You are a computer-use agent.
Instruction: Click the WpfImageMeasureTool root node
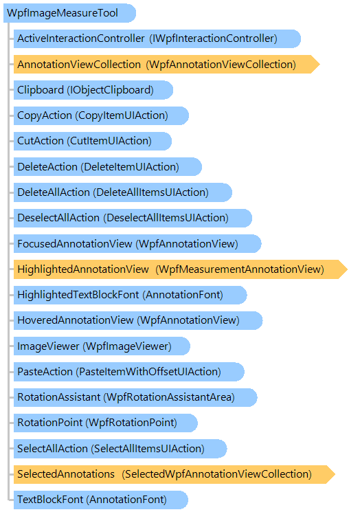click(69, 13)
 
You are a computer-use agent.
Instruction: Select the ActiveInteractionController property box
click(157, 38)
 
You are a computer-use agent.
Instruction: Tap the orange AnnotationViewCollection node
click(166, 65)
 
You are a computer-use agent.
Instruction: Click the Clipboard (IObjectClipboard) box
click(93, 90)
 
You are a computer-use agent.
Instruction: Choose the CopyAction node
click(101, 115)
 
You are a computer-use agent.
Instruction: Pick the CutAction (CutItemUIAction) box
click(92, 141)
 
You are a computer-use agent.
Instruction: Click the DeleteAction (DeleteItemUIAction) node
click(107, 166)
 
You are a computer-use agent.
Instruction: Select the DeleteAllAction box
click(123, 192)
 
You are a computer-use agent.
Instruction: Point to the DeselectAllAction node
click(133, 218)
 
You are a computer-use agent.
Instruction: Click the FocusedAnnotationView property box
click(137, 243)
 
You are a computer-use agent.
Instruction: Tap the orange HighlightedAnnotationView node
click(181, 269)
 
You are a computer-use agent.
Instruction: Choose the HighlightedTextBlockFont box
click(130, 295)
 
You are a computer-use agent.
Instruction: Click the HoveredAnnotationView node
click(137, 320)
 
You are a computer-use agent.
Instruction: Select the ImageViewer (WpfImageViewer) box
click(102, 346)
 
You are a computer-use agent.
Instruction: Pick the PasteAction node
click(128, 372)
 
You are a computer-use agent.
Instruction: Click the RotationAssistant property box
click(135, 397)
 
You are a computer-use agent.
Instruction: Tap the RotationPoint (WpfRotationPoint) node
click(105, 423)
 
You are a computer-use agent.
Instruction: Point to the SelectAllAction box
click(120, 449)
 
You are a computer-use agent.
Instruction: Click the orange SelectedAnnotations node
click(175, 474)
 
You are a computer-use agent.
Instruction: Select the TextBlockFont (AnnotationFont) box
click(100, 500)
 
